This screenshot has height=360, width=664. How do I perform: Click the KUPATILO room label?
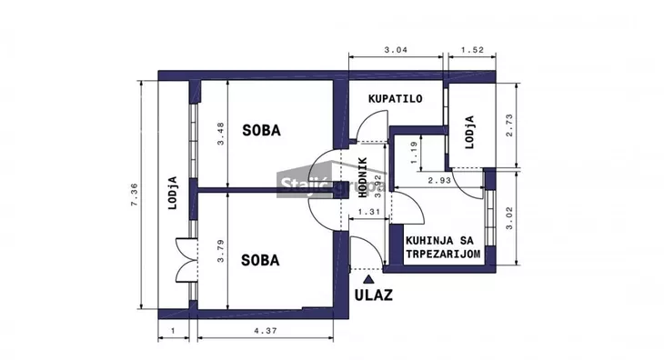(395, 99)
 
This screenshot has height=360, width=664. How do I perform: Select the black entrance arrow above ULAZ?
(367, 276)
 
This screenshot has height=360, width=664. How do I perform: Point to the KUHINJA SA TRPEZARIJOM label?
(442, 248)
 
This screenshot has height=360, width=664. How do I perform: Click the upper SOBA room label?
(261, 131)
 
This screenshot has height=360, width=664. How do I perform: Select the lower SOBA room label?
(260, 260)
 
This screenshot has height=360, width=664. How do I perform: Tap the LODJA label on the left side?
(171, 192)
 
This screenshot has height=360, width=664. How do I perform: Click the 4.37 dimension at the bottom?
(265, 331)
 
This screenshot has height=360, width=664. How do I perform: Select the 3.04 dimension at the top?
(397, 50)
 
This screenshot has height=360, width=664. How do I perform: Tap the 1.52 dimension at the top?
(472, 50)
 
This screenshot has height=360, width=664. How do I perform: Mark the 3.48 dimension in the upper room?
(219, 135)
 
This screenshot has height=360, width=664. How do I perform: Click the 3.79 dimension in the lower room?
(219, 251)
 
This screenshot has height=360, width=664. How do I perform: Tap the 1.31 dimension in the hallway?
(369, 212)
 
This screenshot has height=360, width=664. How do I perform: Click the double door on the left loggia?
(186, 259)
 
